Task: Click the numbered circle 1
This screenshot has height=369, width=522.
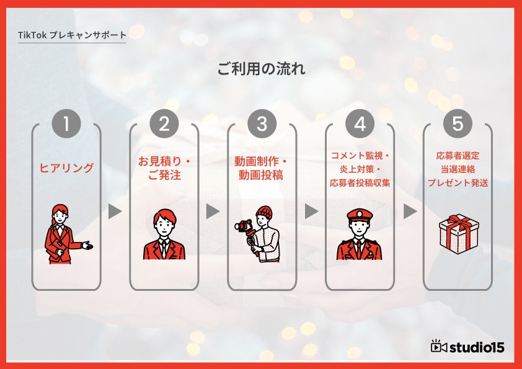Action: coord(66,123)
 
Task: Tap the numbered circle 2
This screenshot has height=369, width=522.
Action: coord(164,123)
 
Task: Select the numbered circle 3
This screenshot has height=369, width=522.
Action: coord(262,123)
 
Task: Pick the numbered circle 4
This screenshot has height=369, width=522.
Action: coord(360,123)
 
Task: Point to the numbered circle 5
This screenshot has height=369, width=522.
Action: coord(458,123)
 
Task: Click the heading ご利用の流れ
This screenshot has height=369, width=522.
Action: coord(262,69)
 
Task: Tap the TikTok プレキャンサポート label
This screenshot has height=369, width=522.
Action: coord(72,35)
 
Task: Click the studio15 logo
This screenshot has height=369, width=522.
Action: coord(467,347)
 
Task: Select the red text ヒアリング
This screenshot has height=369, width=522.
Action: coord(66,168)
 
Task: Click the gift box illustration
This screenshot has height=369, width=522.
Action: coord(459,234)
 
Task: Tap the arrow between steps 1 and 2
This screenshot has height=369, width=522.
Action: coord(115,211)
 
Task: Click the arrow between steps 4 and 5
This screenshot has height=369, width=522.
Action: coord(410,211)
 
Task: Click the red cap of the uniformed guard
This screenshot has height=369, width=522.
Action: coord(360,215)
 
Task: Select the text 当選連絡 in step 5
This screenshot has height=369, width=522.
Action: coord(458,169)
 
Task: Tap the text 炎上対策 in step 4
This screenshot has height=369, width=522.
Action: coord(356,169)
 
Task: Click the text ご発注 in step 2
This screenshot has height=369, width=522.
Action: coord(164,175)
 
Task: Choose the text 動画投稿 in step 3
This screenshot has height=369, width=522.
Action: coord(261,175)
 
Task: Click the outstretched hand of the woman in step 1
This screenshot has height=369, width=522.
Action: coord(88,246)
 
